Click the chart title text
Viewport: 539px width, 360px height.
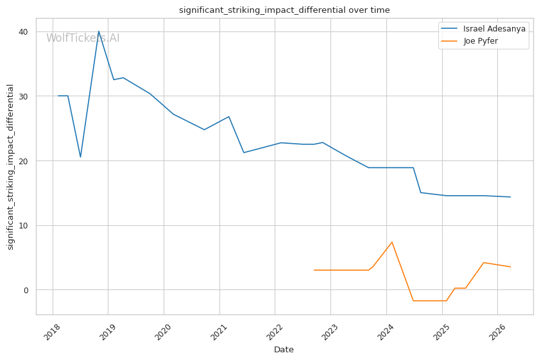tap(284, 10)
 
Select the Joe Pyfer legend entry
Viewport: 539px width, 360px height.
tap(481, 41)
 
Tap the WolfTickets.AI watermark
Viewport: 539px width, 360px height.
tap(83, 38)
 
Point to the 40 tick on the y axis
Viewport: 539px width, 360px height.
tap(22, 31)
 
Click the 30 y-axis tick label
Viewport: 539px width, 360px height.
tap(22, 96)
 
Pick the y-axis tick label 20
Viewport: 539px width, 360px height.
tap(22, 161)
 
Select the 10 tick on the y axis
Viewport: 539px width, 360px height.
tap(22, 225)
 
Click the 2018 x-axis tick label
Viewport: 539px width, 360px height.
tap(51, 332)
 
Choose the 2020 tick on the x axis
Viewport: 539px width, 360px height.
tap(162, 332)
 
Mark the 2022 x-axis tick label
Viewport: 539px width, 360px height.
tap(274, 332)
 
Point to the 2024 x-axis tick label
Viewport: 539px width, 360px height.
tap(385, 332)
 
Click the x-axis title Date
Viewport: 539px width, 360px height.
tap(284, 350)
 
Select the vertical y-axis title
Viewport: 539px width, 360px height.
tap(10, 166)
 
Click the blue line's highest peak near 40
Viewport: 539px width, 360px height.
tap(99, 31)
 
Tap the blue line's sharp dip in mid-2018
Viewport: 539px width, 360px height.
tap(80, 157)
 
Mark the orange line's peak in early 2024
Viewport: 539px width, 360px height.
tap(392, 242)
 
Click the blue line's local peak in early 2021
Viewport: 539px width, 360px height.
tap(229, 117)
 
